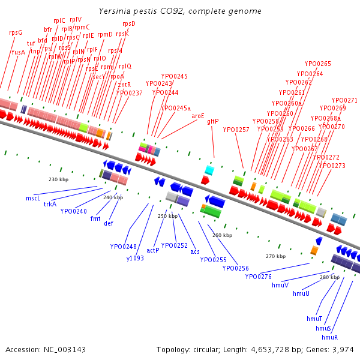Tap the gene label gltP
[x=212, y=121]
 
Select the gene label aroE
[x=198, y=116]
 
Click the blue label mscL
[x=33, y=197]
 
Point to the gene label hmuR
[x=330, y=337]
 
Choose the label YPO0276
[x=259, y=277]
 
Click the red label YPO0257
[x=236, y=130]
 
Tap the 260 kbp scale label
[x=222, y=235]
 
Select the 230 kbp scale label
[x=58, y=179]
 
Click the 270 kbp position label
[x=275, y=256]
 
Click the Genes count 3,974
[x=343, y=349]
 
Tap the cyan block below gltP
[x=209, y=170]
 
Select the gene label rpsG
[x=16, y=32]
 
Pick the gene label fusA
[x=19, y=52]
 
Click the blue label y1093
[x=134, y=258]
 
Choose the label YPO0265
[x=318, y=64]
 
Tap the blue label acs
[x=195, y=251]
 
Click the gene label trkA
[x=50, y=204]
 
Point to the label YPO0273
[x=332, y=166]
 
